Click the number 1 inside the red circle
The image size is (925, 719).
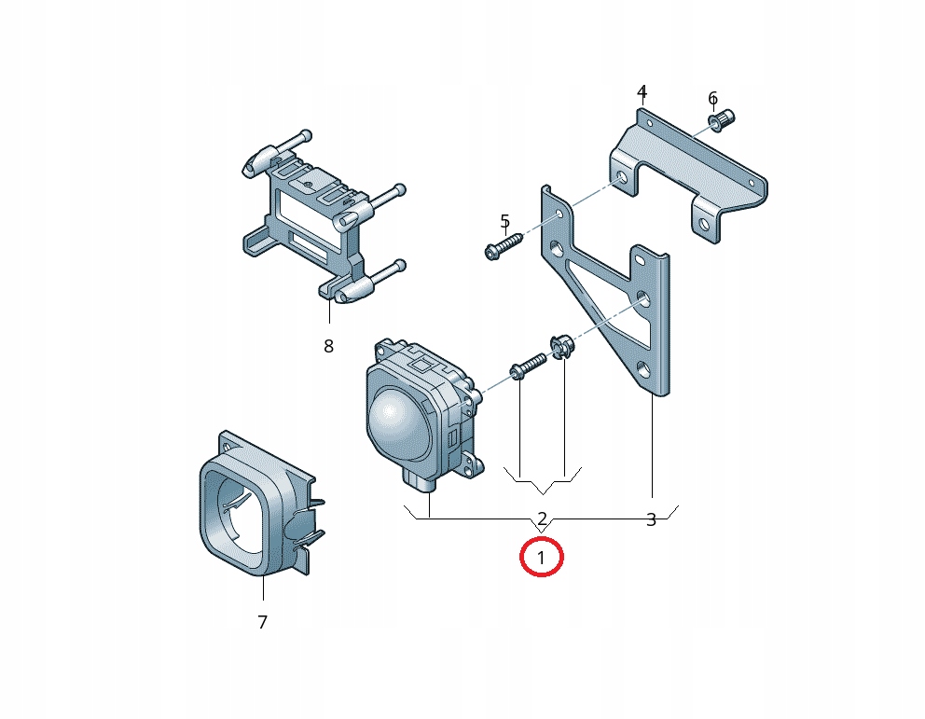pos(542,559)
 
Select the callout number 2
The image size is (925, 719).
pos(542,519)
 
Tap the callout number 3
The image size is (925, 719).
pos(651,519)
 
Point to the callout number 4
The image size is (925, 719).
pos(642,91)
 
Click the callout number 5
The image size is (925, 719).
pos(504,221)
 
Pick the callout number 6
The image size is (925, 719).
pos(712,98)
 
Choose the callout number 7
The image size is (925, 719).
pos(262,621)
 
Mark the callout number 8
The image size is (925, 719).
pos(328,346)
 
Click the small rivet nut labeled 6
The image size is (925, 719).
pos(723,120)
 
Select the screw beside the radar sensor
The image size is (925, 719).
pos(528,366)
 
